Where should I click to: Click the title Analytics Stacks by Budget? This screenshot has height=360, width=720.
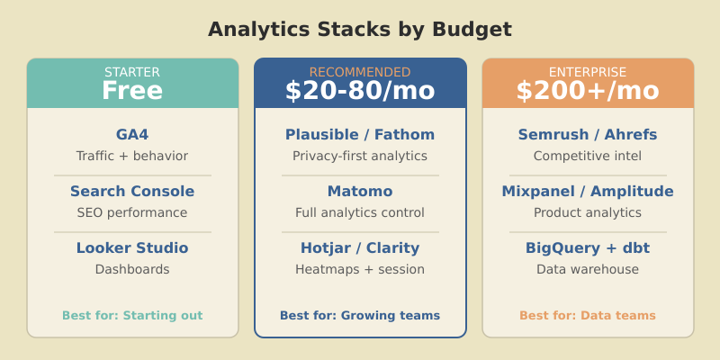click(360, 30)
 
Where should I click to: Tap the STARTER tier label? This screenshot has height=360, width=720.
click(132, 72)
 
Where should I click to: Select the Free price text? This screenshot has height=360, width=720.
click(132, 91)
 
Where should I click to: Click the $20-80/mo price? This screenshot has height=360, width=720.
click(360, 91)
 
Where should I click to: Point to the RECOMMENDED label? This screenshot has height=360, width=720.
click(360, 72)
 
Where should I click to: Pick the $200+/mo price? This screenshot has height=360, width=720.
click(588, 91)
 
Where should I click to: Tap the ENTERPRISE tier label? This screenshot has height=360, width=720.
click(588, 72)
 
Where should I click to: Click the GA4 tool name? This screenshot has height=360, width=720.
click(132, 135)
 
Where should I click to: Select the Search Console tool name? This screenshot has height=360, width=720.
click(132, 192)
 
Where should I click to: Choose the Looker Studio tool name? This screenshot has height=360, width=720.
click(132, 248)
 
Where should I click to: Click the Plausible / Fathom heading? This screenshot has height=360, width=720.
click(360, 135)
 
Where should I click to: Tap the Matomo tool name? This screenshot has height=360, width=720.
click(360, 192)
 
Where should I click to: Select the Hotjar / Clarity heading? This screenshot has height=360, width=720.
click(360, 248)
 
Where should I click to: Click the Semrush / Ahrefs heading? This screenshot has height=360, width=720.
click(588, 135)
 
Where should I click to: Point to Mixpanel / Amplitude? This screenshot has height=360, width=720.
click(588, 192)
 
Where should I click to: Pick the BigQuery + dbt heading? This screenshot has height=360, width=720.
click(588, 248)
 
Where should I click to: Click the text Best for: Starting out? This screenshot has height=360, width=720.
click(132, 316)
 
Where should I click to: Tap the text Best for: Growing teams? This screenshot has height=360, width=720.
click(360, 316)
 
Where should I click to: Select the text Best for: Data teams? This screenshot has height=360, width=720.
click(588, 316)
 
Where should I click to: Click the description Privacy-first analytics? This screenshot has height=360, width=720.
click(360, 157)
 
